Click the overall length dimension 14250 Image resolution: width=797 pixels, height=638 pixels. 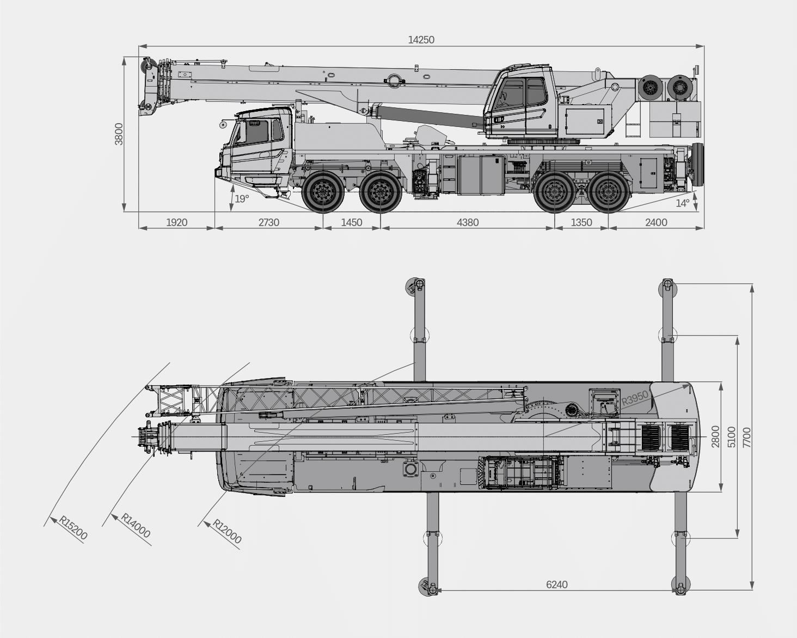(421, 40)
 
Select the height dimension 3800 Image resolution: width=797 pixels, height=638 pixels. (119, 134)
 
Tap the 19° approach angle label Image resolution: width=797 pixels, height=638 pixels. (242, 199)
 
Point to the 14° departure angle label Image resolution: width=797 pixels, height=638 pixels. (683, 203)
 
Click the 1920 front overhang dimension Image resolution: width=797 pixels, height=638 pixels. (177, 222)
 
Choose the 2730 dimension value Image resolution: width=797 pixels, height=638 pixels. (268, 222)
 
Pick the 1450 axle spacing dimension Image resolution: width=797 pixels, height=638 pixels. (352, 222)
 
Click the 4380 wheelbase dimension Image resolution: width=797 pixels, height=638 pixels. (468, 222)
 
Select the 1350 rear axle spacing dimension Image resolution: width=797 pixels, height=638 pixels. (581, 222)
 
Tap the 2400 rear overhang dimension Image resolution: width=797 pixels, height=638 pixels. (656, 222)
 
